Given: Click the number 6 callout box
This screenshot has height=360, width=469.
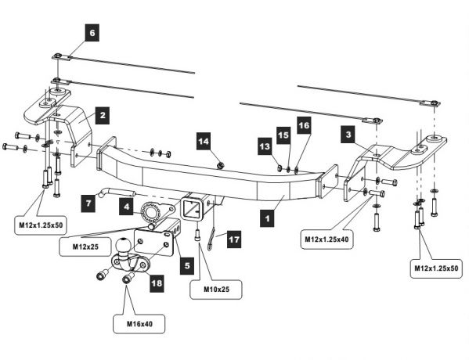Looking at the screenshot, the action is pos(92,33).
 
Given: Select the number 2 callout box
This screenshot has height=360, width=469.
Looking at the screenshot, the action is pos(103,115).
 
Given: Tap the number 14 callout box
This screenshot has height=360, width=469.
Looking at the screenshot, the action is pos(204,141).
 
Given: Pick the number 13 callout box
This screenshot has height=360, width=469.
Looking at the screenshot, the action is pos(265,146).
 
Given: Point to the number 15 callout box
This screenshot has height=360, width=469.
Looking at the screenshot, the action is pos(283,135).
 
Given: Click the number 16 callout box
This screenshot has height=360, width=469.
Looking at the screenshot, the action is pos(304,125).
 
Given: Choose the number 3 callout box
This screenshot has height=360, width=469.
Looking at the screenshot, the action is pos(348,135).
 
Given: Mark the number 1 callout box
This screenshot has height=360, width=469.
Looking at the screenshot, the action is pos(268,218).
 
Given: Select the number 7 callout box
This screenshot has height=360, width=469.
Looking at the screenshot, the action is pos(88,203).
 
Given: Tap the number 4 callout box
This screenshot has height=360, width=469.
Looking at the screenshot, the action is pos(127,207).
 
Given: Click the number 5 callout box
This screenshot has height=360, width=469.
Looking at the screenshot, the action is pos(187,265).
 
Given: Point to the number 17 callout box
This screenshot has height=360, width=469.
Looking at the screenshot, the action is pos(234,239).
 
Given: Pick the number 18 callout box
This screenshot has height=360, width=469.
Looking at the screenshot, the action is pos(157,283).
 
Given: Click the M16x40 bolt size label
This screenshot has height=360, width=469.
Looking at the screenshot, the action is pos(139,324).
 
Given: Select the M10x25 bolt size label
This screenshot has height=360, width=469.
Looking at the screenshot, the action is pos(216,289).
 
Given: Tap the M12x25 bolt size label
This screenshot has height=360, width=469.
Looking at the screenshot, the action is pos(85,247).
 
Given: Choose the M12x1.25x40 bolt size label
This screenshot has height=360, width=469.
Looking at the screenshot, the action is pos(326,239).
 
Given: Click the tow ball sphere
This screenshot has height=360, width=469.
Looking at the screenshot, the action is pos(123,245).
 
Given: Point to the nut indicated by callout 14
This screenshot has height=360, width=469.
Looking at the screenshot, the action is pos(221,165).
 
